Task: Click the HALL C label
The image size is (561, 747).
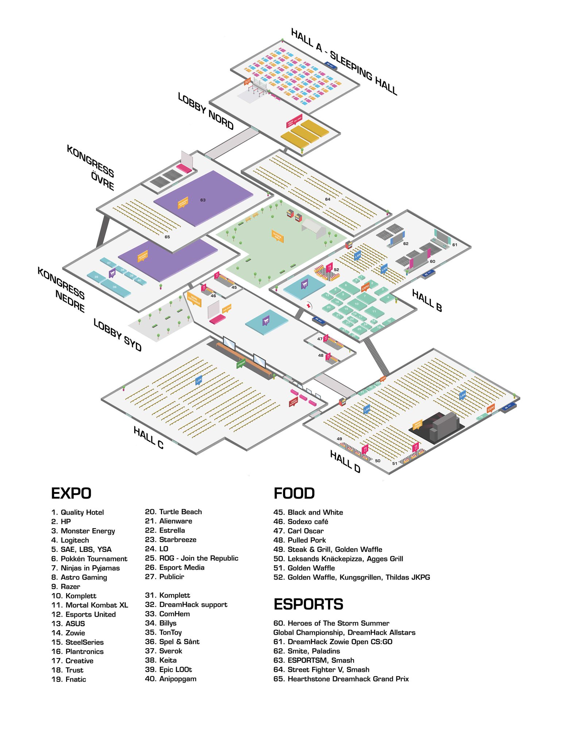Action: coord(148,437)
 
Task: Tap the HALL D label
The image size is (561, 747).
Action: coord(345,461)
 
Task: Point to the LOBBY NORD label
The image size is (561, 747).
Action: coord(206,111)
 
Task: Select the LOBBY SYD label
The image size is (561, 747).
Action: coord(117,335)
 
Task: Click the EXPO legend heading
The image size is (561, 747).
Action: coord(71,493)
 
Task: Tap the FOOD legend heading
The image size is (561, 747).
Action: coord(294,493)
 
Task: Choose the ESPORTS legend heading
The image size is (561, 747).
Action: coord(308,604)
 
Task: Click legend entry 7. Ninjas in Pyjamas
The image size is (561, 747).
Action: coord(85,568)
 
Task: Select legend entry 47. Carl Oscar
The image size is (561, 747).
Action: coord(298,531)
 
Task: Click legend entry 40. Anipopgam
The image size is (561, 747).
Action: coord(171,679)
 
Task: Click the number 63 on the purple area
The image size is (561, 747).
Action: coord(203,200)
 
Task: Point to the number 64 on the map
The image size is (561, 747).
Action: coord(328,199)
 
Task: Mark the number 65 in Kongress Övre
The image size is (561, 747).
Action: coord(167,237)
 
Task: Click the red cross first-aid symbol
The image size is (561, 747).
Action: coord(309,306)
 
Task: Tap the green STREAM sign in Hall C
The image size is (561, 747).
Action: coord(241,364)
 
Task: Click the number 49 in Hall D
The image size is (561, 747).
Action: coord(339,439)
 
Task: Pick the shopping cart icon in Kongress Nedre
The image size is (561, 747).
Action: coord(112,272)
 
